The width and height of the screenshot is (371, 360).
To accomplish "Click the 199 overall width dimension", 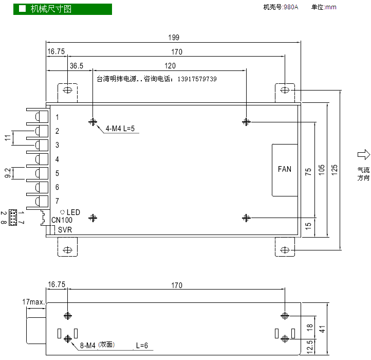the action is coord(174,38).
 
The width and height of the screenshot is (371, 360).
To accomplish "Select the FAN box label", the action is coord(284,169).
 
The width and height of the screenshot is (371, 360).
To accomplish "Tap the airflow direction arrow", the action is coord(364,155).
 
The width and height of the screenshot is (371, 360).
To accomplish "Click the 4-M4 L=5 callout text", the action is coord(120,129).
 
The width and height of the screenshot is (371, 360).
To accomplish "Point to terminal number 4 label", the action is coord(57,159).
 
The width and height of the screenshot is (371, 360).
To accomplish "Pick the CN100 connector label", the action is coord(62,220).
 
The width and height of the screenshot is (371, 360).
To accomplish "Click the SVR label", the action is coord(65,230).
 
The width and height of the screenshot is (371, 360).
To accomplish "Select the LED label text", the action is coord(73,212).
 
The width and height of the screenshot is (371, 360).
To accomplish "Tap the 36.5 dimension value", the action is coord(77,66).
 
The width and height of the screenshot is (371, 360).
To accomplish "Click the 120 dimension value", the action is coord(170,66).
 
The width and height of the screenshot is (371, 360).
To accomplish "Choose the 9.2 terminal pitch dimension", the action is coord(8,173).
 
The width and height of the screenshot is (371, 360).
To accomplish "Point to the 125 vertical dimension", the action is coord(334,170).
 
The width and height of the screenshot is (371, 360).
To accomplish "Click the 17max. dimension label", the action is coord(33,302).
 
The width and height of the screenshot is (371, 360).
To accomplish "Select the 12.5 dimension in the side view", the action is coord(309,347).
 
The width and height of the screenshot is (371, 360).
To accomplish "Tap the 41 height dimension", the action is coord(322,329).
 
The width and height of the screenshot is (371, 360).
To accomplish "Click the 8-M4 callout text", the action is coord(87,346).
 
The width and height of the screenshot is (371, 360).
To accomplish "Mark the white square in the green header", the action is coord(22,9).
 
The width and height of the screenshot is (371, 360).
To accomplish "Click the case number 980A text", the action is coord(291,7).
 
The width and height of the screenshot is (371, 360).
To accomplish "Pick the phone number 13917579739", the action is coord(197,79).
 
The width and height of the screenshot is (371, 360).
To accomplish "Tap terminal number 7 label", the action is coord(57,201).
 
